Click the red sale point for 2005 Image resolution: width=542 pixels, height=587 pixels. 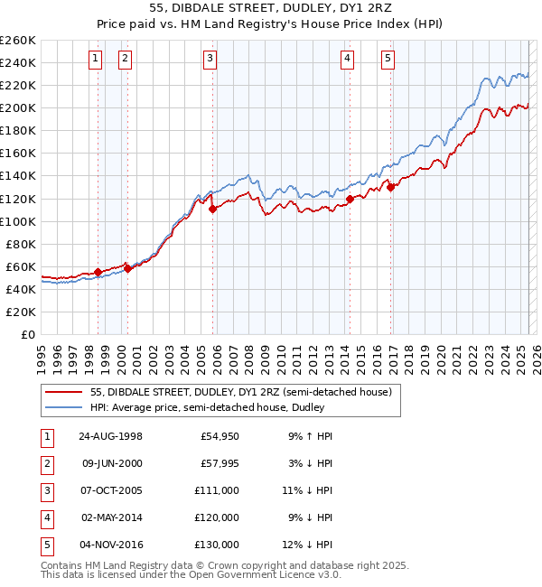click(x=213, y=209)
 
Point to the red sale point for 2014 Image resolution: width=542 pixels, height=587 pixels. click(x=350, y=198)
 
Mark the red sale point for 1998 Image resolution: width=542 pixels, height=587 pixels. click(x=98, y=272)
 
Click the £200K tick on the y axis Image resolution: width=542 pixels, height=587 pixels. click(x=18, y=107)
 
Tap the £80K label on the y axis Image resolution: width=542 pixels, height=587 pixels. click(x=21, y=244)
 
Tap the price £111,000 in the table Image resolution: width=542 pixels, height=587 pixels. click(x=217, y=490)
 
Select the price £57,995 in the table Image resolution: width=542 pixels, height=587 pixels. click(x=220, y=463)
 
